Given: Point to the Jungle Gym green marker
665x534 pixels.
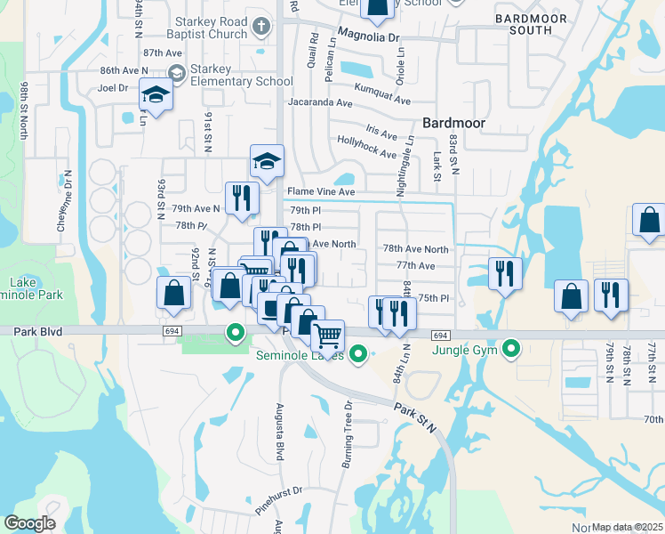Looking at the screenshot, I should (x=511, y=348).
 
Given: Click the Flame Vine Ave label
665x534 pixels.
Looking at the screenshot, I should (x=320, y=191).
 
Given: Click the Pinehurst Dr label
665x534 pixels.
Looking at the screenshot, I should (x=278, y=490).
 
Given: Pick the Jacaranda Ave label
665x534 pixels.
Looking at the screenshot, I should (x=319, y=102).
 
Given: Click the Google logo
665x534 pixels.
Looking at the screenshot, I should (x=29, y=523).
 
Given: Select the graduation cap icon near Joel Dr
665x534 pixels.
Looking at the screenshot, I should (x=156, y=95).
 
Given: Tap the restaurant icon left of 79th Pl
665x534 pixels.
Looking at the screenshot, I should (x=241, y=198).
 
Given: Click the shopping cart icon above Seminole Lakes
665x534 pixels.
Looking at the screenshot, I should (x=328, y=336).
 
